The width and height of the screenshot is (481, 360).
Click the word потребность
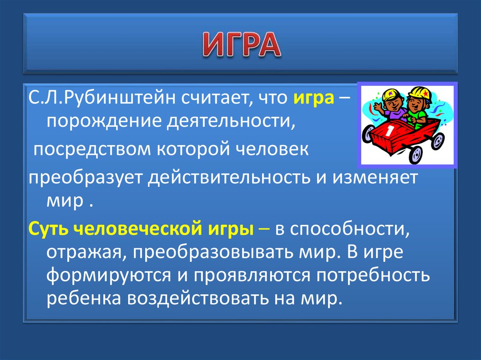click(370, 276)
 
